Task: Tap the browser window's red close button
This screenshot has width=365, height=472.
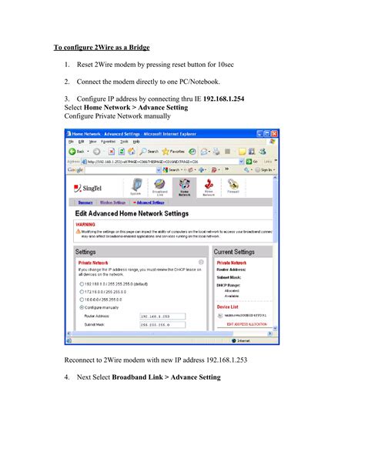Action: point(274,133)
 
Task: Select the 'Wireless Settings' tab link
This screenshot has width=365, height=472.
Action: point(112,203)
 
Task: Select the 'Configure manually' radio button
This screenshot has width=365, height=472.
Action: point(81,306)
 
